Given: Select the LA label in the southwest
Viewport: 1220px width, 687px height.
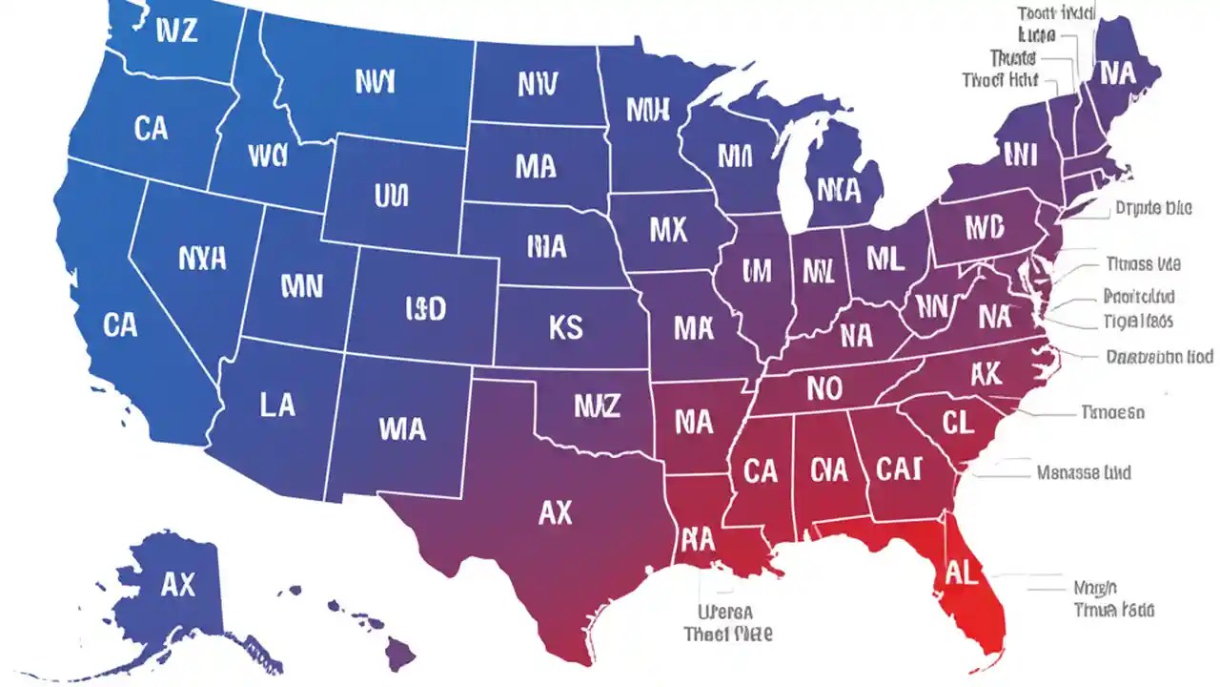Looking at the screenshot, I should [277, 405].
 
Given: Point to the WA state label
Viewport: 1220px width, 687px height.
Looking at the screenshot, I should [401, 429].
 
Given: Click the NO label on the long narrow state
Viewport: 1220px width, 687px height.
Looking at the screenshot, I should [824, 387].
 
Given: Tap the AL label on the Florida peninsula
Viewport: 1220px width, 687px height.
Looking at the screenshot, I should [963, 572].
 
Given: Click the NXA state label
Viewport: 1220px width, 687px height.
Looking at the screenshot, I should [202, 257].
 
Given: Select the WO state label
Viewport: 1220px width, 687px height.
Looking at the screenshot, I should [267, 156].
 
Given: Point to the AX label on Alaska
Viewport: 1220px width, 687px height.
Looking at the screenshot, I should [177, 585].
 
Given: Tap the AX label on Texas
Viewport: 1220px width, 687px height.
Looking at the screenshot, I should [555, 513].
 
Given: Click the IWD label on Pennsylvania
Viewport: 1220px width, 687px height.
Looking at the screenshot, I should [984, 227].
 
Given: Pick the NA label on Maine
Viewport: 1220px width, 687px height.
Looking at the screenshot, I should [1115, 73].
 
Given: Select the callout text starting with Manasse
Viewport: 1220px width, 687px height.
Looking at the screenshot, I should [1083, 471].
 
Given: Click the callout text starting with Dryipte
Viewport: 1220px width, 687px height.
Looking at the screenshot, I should [1152, 207].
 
